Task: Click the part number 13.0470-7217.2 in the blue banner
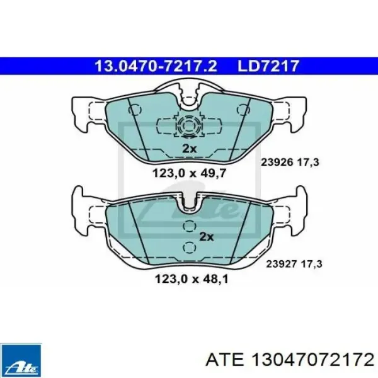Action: (x=156, y=66)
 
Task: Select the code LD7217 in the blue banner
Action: (x=268, y=66)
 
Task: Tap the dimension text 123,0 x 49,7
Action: (x=189, y=173)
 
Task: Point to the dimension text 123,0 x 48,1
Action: (x=192, y=279)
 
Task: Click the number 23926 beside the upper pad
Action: (x=277, y=162)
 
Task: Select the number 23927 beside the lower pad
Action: (x=281, y=264)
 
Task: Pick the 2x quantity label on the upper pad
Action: (x=189, y=149)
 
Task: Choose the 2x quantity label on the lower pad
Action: (x=207, y=237)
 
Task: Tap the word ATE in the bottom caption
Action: (x=224, y=360)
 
